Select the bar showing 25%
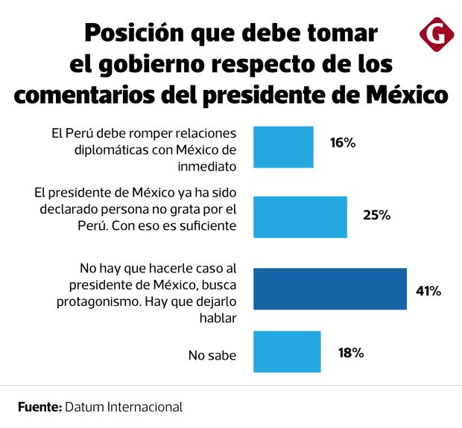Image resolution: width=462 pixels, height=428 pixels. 300,217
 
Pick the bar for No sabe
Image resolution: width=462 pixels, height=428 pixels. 287,351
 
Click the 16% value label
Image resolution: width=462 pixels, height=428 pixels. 342,142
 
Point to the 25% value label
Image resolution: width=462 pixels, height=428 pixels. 376,215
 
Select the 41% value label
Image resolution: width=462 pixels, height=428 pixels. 428,290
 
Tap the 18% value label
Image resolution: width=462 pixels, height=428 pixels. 349,353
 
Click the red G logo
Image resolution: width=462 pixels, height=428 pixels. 434,35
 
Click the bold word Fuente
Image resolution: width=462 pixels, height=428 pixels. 39,407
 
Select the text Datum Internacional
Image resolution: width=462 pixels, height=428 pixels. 124,407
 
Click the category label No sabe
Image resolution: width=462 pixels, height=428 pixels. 212,356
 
